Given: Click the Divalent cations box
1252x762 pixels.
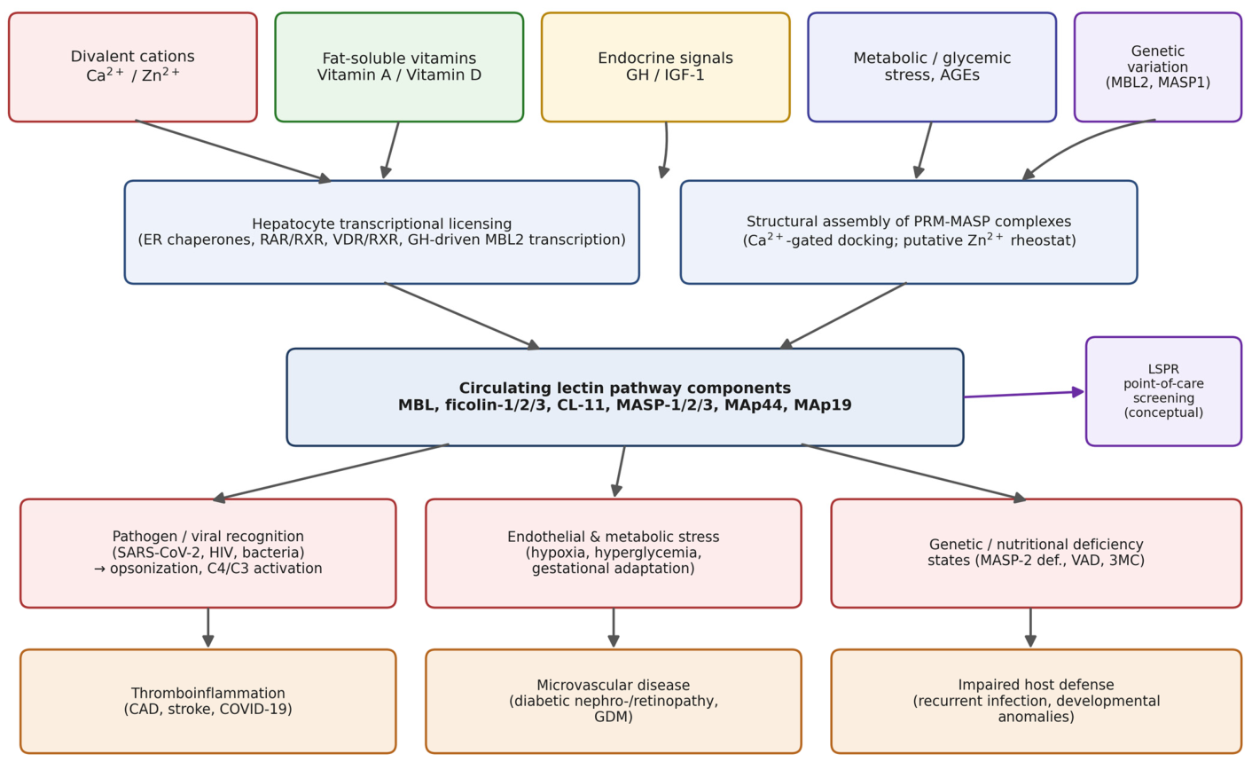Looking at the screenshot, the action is click(x=133, y=67).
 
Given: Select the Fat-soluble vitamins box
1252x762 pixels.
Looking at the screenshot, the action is click(x=399, y=67).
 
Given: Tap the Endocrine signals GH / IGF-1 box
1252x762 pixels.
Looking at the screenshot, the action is click(x=666, y=67).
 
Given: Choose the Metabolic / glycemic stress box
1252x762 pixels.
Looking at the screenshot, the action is click(x=932, y=67).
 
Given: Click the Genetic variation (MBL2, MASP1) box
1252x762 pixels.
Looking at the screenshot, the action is click(x=1157, y=67).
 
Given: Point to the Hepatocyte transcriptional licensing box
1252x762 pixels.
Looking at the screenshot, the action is click(x=382, y=232).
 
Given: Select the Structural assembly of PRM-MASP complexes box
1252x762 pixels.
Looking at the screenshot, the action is click(x=909, y=232).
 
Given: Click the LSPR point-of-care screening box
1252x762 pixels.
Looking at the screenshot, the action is click(x=1163, y=391).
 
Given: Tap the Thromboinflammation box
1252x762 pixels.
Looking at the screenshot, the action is click(x=207, y=701).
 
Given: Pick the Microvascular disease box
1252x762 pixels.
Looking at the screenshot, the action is click(x=614, y=701).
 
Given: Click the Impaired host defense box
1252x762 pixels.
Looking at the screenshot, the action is click(x=1037, y=701).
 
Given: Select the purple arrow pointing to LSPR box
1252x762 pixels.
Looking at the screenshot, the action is click(x=1024, y=394).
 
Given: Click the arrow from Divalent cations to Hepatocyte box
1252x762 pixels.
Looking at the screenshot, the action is click(x=233, y=151).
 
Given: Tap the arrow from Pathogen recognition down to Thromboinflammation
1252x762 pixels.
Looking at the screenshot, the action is click(x=207, y=627).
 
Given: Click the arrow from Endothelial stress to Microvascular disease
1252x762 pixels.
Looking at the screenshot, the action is click(x=614, y=627).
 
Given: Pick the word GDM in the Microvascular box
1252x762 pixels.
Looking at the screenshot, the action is click(x=614, y=717).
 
